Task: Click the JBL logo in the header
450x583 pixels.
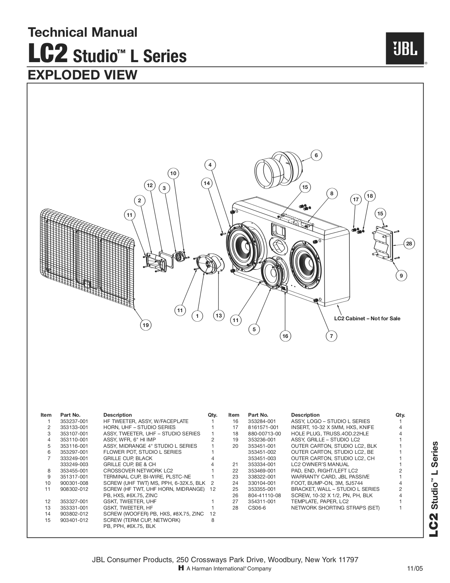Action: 404,48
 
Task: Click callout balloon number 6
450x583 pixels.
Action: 316,155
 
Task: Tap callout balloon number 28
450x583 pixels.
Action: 409,244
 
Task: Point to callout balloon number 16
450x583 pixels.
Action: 285,336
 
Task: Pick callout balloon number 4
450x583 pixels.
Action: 210,165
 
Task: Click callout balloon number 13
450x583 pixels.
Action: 218,315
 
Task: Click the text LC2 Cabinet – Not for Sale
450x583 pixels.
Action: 367,319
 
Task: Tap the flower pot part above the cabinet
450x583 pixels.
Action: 278,170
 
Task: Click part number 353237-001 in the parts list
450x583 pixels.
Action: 74,421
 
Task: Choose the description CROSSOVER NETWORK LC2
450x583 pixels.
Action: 138,471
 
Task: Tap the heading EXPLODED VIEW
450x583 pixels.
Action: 82,75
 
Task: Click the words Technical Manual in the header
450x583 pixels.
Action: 82,32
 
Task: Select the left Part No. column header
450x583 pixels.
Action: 70,415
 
